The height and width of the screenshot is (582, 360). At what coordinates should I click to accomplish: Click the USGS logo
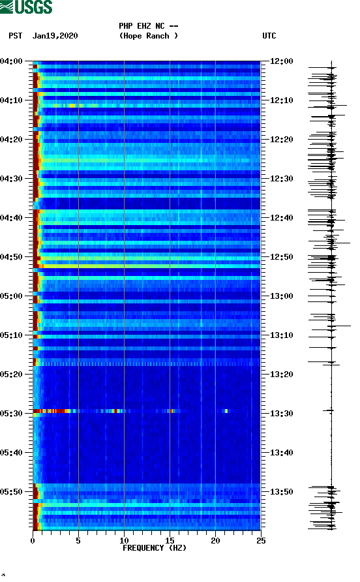pos(26,7)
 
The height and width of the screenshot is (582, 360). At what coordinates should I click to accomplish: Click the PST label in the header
pos(16,36)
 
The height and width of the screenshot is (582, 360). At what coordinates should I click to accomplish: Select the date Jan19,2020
pos(55,36)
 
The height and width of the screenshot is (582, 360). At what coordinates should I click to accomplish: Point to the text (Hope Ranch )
pos(149,36)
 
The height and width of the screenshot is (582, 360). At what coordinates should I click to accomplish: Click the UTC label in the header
pos(269,36)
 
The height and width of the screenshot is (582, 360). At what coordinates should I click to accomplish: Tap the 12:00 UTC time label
pos(282,61)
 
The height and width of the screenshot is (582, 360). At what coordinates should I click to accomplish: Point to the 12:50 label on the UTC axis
pos(282,257)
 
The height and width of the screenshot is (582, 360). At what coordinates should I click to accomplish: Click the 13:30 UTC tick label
pos(282,414)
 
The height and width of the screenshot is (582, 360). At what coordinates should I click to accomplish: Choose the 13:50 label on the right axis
pos(282,492)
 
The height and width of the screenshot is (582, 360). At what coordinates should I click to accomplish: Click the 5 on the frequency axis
pos(78,540)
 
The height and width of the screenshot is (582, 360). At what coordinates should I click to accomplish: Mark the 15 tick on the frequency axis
pos(170,540)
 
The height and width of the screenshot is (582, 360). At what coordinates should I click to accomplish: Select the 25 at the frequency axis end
pos(261,540)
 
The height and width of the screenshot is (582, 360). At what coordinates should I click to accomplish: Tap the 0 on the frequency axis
pos(33,540)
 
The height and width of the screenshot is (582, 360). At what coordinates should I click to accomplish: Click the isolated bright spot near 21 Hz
pos(226,411)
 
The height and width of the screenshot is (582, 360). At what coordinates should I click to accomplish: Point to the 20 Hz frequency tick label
pos(215,540)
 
